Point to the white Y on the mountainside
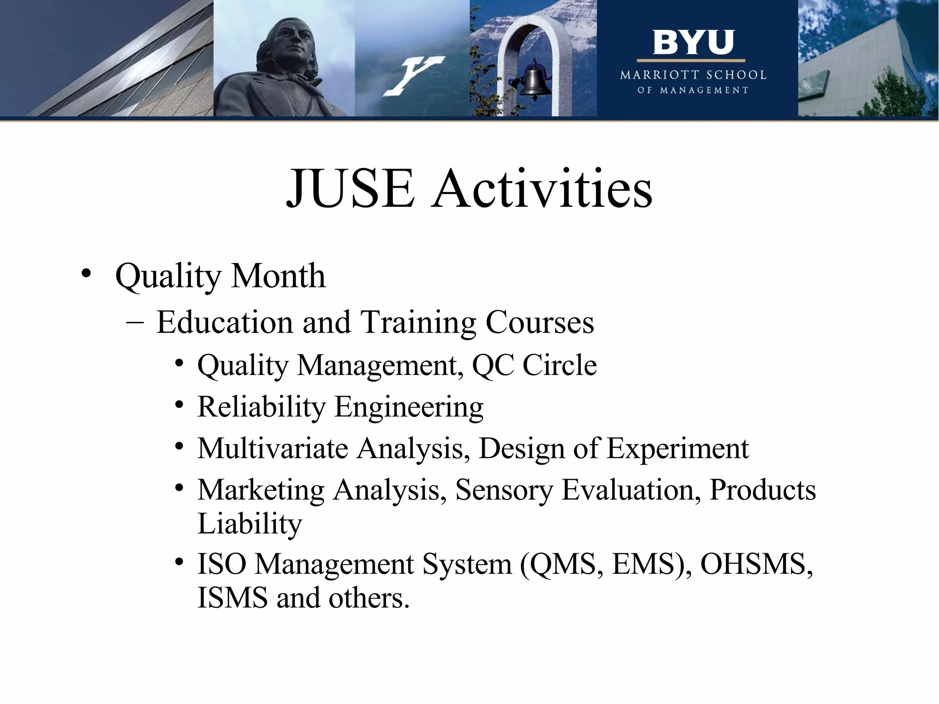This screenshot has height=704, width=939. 413,76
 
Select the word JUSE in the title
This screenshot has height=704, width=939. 351,189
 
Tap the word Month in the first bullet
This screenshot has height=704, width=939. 278,276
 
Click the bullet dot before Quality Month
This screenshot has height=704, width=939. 86,274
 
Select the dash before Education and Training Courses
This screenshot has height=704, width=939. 134,322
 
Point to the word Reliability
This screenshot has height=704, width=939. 261,407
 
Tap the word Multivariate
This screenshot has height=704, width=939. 273,448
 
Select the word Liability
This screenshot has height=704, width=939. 250,524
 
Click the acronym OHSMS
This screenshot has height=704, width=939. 757,564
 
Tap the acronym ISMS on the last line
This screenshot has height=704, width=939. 232,598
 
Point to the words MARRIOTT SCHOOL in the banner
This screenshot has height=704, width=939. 693,75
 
